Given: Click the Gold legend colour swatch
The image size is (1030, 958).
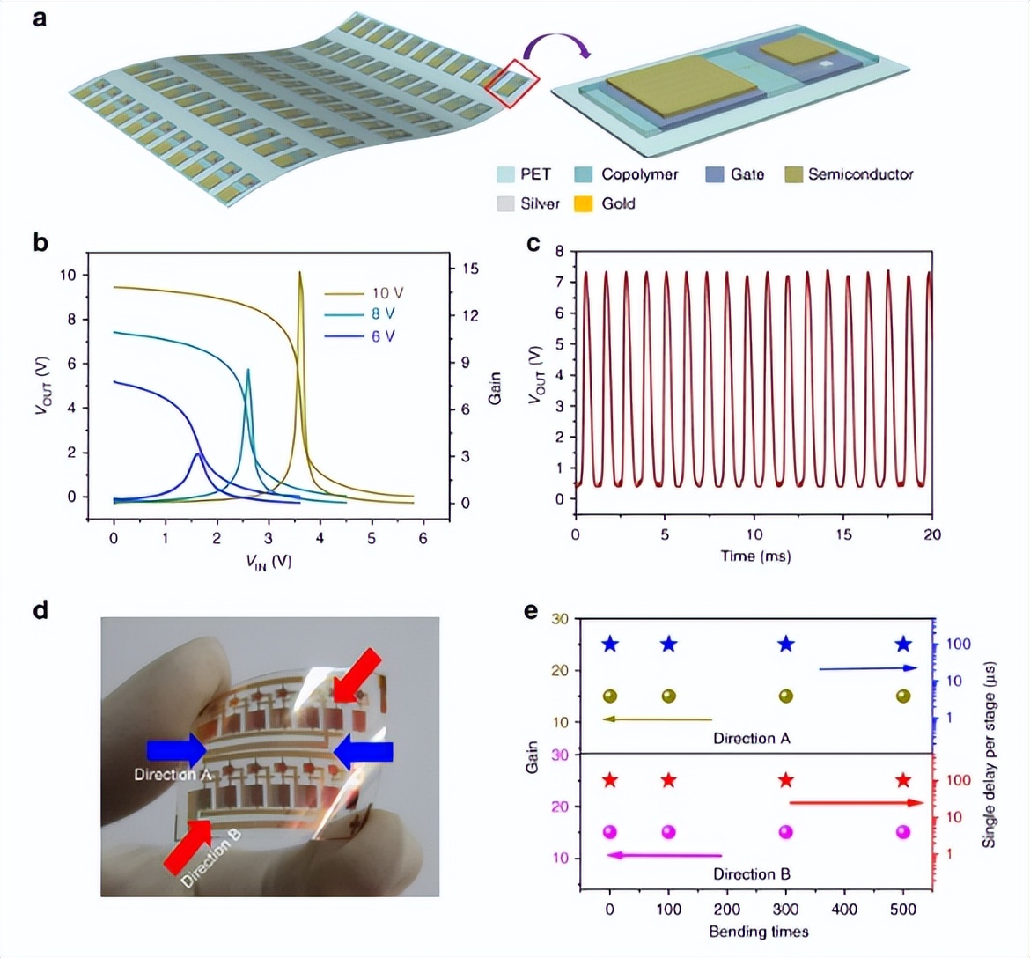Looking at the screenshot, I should (x=584, y=203).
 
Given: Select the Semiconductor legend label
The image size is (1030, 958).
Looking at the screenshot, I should (x=860, y=174).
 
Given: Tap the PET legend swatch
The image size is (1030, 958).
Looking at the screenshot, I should (x=504, y=174).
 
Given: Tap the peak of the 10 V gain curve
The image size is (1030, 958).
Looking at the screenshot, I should (x=300, y=273).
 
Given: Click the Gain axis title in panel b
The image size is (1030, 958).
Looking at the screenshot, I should (x=495, y=387).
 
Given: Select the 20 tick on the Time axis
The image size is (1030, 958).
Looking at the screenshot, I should (x=931, y=534).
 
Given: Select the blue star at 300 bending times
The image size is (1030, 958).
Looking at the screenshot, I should (x=786, y=645).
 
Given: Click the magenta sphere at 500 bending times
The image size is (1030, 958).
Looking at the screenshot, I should (x=903, y=832).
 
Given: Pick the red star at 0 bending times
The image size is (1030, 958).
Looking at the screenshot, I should (x=610, y=780).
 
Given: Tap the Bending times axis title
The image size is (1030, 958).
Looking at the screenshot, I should (x=758, y=931).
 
